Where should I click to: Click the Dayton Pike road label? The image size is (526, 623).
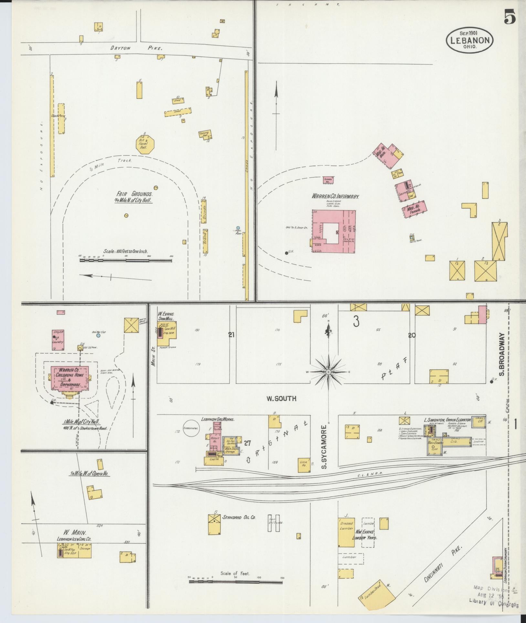pyautogui.click(x=135, y=48)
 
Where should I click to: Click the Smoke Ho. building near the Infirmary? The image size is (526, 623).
pyautogui.click(x=329, y=180)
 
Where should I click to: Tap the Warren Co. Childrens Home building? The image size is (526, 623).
pyautogui.click(x=69, y=377)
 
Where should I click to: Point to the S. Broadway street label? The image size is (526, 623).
pyautogui.click(x=501, y=354)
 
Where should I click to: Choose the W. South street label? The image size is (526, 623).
pyautogui.click(x=281, y=399)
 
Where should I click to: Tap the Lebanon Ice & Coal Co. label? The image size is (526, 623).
pyautogui.click(x=74, y=539)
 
